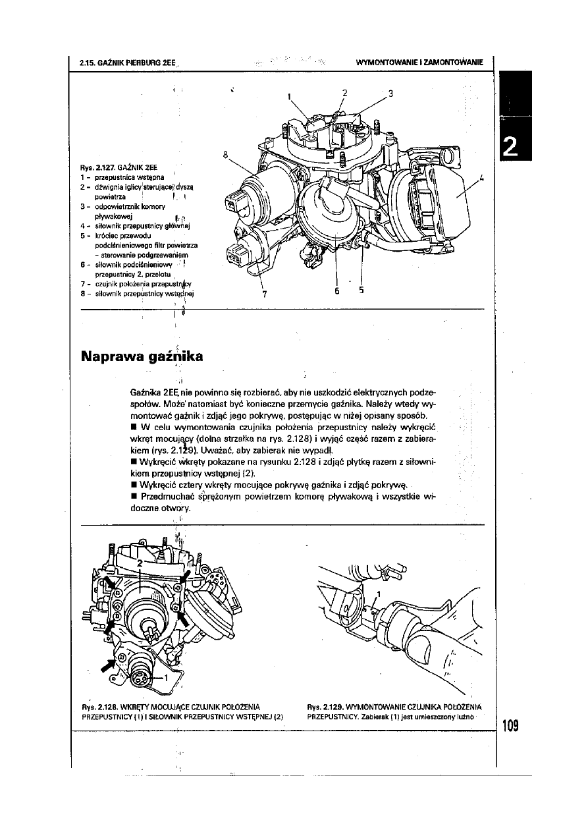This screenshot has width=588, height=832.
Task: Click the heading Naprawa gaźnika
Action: click(x=142, y=357)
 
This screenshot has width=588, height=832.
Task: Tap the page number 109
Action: click(x=509, y=726)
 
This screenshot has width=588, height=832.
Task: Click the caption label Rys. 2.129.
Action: click(x=325, y=709)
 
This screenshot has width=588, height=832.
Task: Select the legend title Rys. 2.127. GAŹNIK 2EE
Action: click(x=121, y=167)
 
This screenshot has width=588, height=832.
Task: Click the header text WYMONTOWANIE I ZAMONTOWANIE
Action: click(x=419, y=63)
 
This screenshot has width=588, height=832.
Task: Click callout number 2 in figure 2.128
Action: click(x=140, y=564)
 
